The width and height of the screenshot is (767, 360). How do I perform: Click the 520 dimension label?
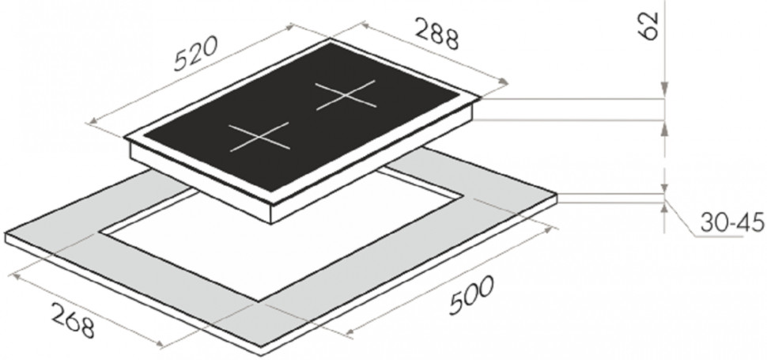tap(195, 54)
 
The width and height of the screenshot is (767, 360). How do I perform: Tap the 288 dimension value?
tap(436, 33)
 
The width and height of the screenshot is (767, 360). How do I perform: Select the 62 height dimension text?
tap(649, 26)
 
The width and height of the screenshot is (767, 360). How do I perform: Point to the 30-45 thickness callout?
tap(731, 222)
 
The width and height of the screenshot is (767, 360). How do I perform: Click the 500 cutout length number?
tap(471, 295)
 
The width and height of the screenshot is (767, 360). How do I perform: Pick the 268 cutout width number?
tap(73, 320)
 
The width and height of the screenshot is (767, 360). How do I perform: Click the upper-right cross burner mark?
tap(346, 95)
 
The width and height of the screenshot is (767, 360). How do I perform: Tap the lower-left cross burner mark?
tap(259, 136)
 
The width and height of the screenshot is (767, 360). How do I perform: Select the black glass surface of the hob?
tap(302, 117)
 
